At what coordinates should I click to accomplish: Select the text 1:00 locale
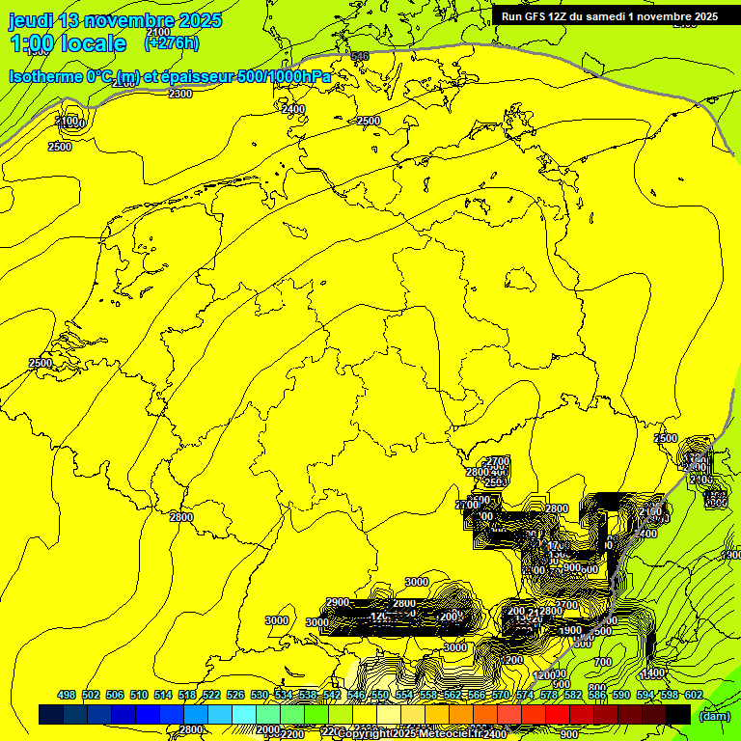point(68,43)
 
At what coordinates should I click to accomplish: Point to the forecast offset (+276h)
point(172,42)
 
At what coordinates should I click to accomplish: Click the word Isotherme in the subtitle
point(44,76)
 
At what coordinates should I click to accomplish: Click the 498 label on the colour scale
point(67,695)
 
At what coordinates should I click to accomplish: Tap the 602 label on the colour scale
point(694,695)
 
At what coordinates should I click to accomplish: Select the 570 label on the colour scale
point(501,695)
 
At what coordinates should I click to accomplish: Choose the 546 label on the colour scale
point(356,695)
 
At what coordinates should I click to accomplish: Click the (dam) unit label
point(714,715)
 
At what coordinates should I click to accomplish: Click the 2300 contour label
point(179,94)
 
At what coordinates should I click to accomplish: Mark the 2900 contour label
point(338,602)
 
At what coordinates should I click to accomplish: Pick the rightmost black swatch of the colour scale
point(678,714)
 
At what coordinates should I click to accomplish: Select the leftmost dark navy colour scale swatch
point(51,714)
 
